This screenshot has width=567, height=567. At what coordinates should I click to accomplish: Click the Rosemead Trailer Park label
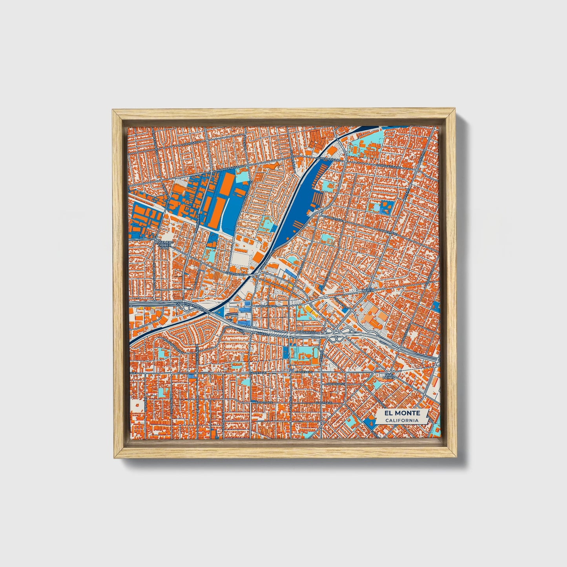[163, 246]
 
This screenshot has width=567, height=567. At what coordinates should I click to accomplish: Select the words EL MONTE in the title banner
[402, 413]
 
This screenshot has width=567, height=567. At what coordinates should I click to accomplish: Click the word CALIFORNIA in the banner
[401, 421]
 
